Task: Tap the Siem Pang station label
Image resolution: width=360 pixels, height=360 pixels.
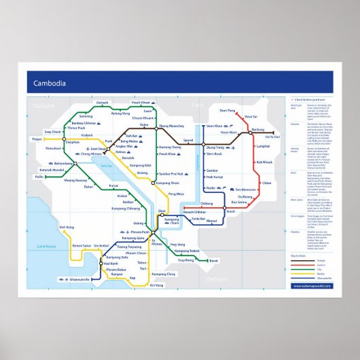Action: tap(228, 110)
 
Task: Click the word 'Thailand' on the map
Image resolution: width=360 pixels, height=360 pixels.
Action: tap(42, 107)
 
